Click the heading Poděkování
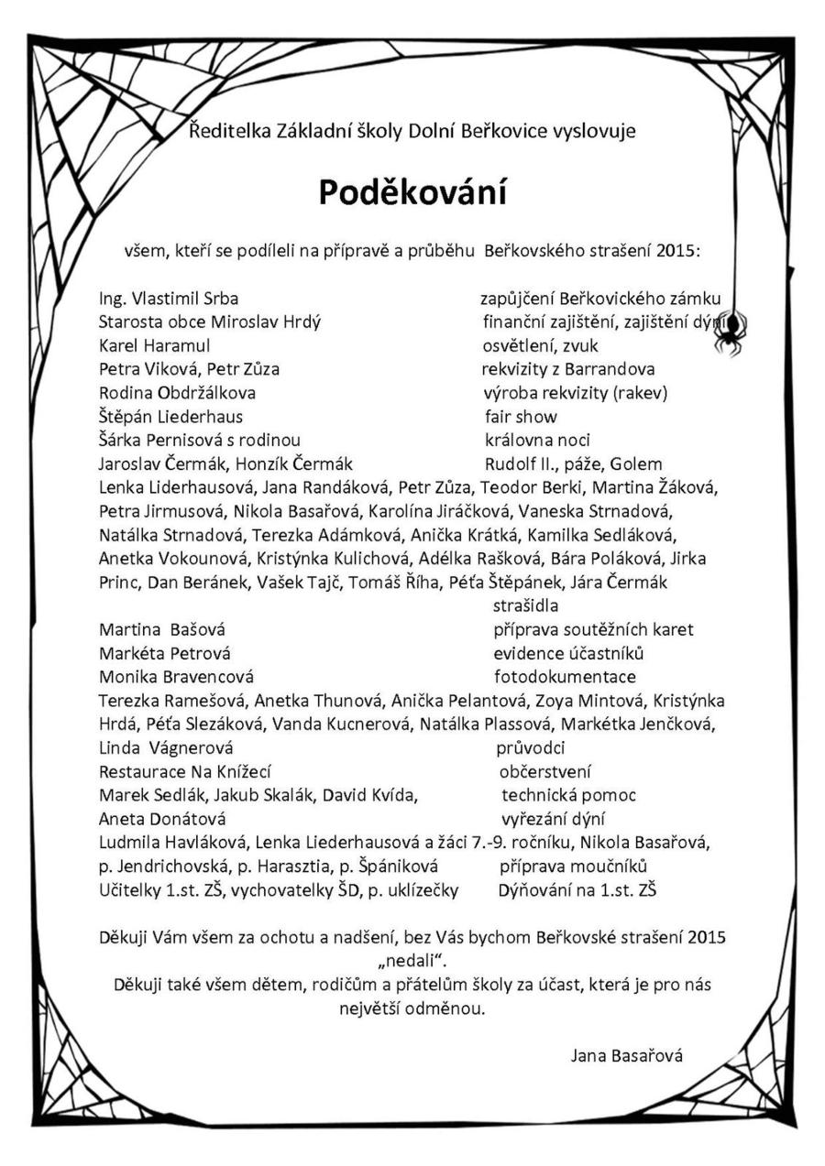pos(412,192)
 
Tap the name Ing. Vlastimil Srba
pos(169,299)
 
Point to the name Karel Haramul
pos(154,345)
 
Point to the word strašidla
pos(526,605)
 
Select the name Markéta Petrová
pos(164,653)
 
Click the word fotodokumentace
pos(565,677)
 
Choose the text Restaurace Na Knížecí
pos(185,772)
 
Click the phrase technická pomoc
pos(568,795)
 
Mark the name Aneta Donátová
pos(162,819)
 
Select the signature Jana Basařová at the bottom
pos(627,1055)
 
